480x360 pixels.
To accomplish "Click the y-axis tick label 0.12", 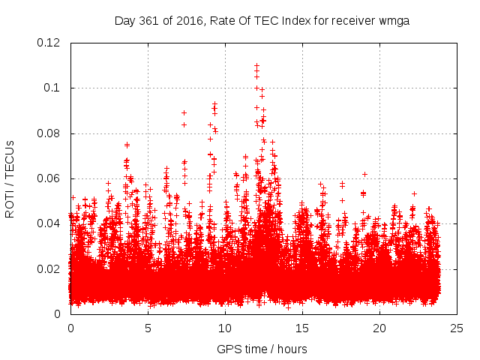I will (x=49, y=43).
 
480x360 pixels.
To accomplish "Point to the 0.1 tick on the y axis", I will (x=54, y=88).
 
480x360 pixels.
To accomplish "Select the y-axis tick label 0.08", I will (x=49, y=133).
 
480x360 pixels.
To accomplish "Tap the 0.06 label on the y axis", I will (x=49, y=178).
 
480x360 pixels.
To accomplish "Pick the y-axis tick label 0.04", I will (x=49, y=223).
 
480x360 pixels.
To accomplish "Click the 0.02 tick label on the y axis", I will (x=49, y=268).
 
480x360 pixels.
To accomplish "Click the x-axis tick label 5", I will (x=148, y=328).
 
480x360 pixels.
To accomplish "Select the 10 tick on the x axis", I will (x=225, y=328).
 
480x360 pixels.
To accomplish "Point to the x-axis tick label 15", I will (x=302, y=328).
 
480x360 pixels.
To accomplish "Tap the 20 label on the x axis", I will (x=379, y=328).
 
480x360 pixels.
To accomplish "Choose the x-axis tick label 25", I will (x=457, y=328).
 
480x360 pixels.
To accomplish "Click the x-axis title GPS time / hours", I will (x=262, y=349).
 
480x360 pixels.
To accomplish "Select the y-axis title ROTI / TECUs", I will (x=10, y=178).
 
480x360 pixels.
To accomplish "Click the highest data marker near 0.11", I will (x=256, y=65).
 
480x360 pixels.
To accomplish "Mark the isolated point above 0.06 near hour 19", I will (x=364, y=174).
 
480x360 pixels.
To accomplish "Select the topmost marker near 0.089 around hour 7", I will (x=184, y=112).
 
